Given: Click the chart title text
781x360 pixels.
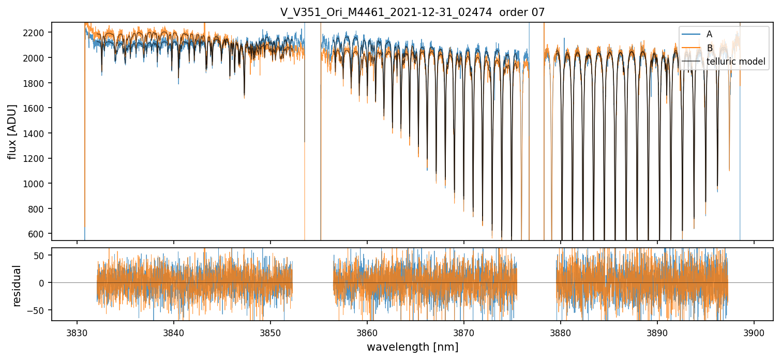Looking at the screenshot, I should pos(412,12).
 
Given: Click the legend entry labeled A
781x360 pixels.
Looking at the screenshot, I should pos(709,34).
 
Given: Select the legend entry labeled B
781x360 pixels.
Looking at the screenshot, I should pos(709,48).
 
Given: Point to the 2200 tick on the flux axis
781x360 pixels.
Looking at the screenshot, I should pos(36,33).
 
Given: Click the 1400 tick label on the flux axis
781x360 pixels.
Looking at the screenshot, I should pos(36,133).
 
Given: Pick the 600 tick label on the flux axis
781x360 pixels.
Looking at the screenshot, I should pos(38,234).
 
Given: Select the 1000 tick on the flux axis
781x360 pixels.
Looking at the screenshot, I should pos(36,184).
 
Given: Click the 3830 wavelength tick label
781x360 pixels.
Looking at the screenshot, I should pos(77,332).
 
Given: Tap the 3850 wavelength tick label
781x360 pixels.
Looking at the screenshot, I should pos(270,332).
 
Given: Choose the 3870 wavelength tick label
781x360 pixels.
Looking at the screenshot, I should pos(463,332).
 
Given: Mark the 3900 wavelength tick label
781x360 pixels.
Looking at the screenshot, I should pos(754,332).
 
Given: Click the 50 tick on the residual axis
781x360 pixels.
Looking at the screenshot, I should pos(40,255).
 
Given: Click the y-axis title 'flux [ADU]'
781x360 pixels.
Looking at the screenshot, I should pos(12,131).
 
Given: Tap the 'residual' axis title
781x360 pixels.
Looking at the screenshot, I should pos(17,286).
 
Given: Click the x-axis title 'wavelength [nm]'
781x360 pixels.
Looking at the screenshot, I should pos(412,347).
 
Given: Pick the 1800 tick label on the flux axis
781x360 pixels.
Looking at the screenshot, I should pos(36,83).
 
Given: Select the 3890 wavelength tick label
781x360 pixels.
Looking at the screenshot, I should pos(657,332).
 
